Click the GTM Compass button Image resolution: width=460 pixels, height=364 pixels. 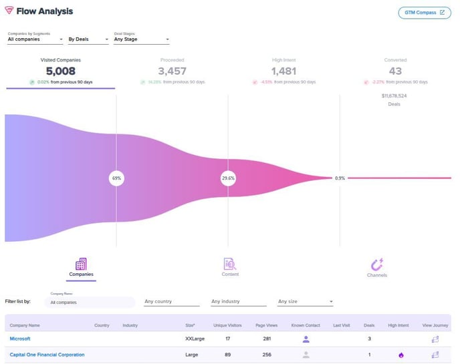[424, 12]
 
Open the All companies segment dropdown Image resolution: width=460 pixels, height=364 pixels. [33, 39]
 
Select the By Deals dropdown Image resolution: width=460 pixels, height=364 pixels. [88, 39]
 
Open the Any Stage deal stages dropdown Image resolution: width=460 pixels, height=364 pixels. [141, 39]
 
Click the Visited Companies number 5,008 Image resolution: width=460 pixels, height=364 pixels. [61, 71]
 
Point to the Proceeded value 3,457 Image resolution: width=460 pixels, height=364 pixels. [172, 71]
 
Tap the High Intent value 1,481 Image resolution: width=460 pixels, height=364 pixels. [283, 71]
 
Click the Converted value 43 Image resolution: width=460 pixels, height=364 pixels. [394, 71]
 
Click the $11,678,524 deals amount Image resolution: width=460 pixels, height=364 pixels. [394, 96]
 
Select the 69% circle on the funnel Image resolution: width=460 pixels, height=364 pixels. [116, 178]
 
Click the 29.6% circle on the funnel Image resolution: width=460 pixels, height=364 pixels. [228, 178]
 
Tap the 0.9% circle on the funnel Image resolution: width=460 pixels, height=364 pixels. [340, 178]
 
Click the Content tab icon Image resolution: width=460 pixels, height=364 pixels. [230, 264]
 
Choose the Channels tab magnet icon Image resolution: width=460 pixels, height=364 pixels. [376, 264]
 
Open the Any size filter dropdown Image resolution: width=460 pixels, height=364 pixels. [305, 302]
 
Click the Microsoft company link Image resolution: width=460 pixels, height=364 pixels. [20, 339]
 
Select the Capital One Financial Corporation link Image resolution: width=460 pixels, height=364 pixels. [47, 355]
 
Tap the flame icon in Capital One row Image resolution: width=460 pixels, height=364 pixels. [401, 355]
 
